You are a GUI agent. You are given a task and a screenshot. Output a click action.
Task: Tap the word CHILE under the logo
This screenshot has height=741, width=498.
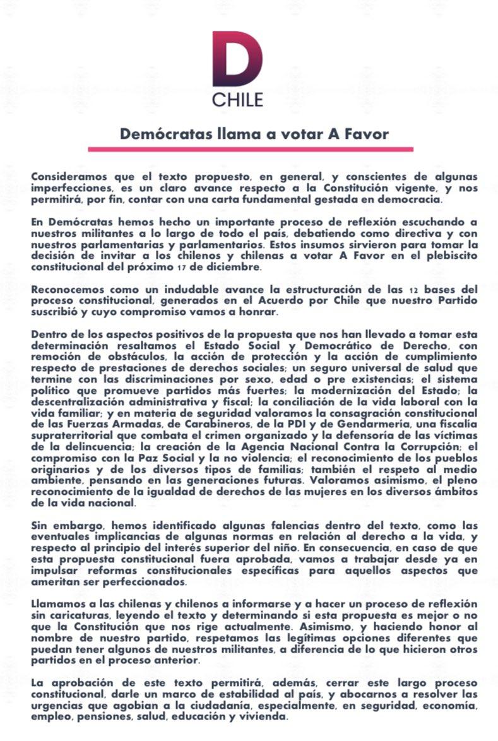point(237,100)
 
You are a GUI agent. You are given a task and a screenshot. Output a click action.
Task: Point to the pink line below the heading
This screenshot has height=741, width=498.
point(250,150)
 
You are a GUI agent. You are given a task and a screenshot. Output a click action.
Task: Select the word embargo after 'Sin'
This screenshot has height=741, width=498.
point(73,525)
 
